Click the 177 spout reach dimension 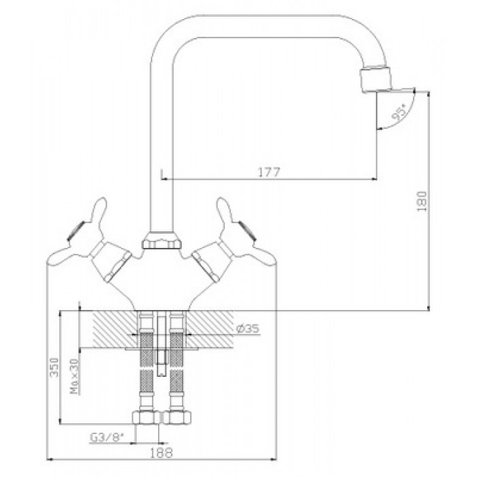tap(269, 172)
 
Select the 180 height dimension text tap(422, 202)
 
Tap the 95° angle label tap(399, 112)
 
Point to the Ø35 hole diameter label tap(248, 328)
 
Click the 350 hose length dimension tap(54, 367)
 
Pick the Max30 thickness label tap(74, 376)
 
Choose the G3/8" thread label tap(107, 437)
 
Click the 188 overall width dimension tap(161, 453)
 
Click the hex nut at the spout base tap(162, 241)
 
